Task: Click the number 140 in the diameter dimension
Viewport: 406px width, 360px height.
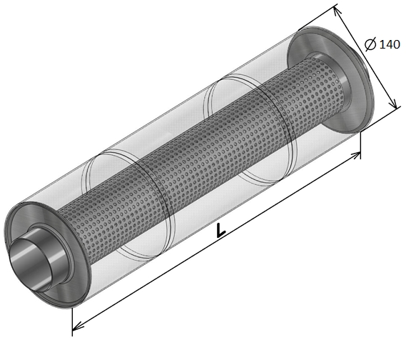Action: click(390, 44)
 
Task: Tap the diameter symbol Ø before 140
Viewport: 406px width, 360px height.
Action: click(370, 44)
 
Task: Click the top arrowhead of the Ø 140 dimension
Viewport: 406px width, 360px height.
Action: click(337, 11)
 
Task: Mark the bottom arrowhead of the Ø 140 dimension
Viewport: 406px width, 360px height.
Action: click(394, 104)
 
